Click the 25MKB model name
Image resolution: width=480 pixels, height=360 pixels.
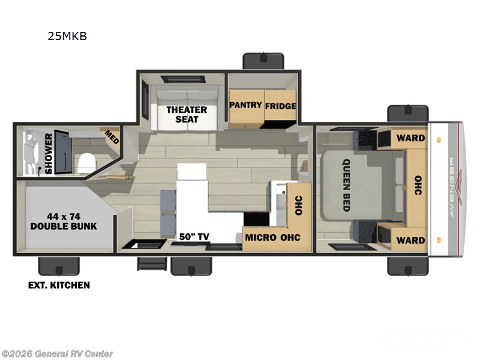point(68,36)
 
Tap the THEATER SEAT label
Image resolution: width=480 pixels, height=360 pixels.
point(187,114)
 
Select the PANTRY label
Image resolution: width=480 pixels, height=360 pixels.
point(245,105)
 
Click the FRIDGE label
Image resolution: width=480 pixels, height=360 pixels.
point(281,106)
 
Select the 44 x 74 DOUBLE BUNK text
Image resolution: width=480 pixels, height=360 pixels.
point(64,221)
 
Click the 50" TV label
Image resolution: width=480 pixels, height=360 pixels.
point(194,236)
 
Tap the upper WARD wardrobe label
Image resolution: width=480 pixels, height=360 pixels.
point(410,137)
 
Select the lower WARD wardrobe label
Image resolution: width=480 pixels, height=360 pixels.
point(410,240)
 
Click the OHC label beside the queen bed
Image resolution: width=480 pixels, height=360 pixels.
point(418,187)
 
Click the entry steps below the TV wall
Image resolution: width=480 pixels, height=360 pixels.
point(151,265)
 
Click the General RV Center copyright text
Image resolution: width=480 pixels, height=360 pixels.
point(58,353)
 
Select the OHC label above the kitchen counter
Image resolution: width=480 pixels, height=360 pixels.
point(298,206)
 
